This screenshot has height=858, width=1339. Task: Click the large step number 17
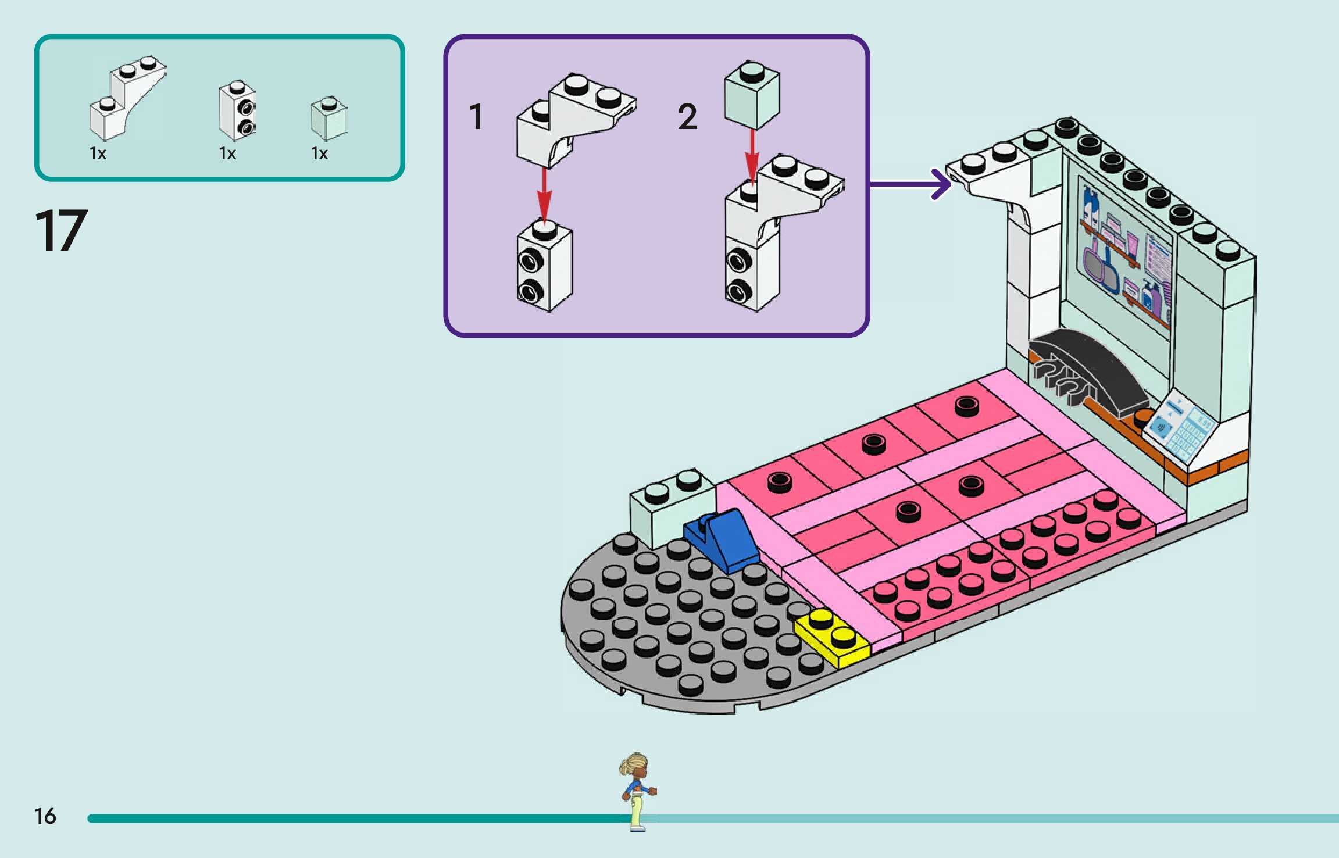pyautogui.click(x=61, y=231)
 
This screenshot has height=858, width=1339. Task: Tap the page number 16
pyautogui.click(x=45, y=816)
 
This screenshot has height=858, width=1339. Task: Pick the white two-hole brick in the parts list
pyautogui.click(x=237, y=110)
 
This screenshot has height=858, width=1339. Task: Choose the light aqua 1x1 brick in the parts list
pyautogui.click(x=329, y=119)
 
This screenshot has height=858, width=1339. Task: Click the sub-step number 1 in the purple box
pyautogui.click(x=476, y=116)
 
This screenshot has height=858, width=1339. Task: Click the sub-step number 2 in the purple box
pyautogui.click(x=687, y=117)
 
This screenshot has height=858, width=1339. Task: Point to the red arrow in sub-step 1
pyautogui.click(x=544, y=195)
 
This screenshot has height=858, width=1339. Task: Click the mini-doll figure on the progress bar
pyautogui.click(x=637, y=791)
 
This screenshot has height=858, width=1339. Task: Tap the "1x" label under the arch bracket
pyautogui.click(x=98, y=153)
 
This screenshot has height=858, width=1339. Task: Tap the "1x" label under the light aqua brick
pyautogui.click(x=319, y=153)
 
